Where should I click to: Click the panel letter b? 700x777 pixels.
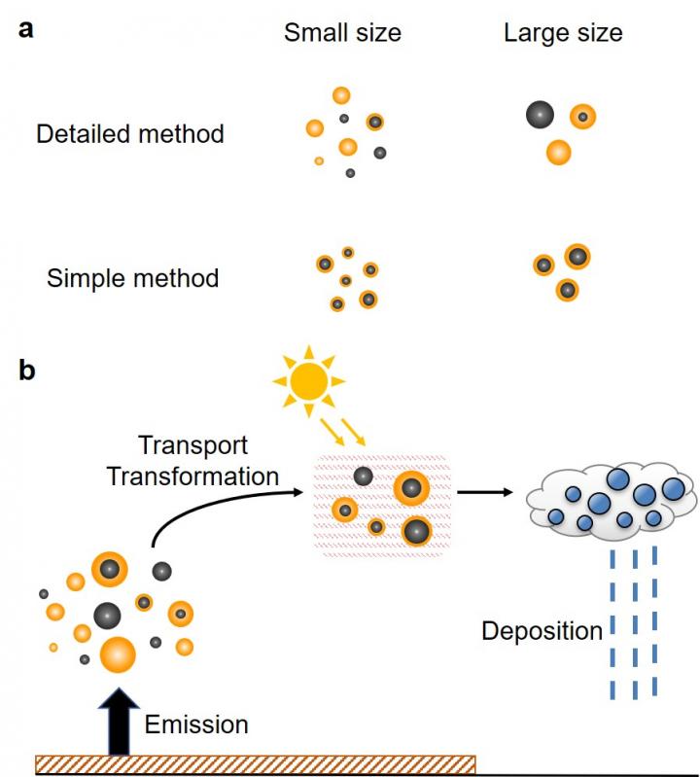[27, 371]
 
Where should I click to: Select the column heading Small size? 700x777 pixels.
[342, 33]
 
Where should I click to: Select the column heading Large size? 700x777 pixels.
[563, 33]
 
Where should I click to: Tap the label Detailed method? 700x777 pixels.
[130, 133]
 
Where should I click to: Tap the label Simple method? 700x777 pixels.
[132, 279]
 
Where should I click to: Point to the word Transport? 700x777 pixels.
[192, 446]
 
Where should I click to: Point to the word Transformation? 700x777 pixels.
[192, 477]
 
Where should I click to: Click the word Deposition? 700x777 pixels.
[542, 631]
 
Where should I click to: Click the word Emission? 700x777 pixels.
[196, 724]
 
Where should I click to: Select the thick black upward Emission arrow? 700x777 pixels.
[118, 720]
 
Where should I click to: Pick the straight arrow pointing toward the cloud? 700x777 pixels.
[485, 492]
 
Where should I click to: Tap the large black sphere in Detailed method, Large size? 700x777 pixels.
[540, 115]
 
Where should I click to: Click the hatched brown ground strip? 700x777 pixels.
[255, 764]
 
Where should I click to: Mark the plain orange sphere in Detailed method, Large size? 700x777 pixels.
[558, 152]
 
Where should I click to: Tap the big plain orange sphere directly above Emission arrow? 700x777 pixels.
[118, 653]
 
